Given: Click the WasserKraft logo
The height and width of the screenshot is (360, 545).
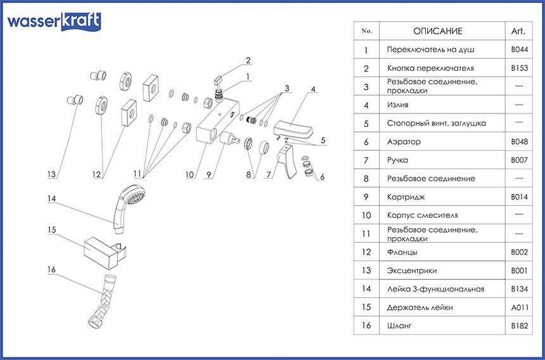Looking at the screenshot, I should pos(54,22).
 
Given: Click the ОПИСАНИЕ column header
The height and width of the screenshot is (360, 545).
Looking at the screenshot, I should pos(438,31).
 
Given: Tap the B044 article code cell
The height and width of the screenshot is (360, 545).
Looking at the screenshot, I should pos(519,49).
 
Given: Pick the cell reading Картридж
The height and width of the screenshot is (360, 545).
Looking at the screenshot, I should pos(405,197).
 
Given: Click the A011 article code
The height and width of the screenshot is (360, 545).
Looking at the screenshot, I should pos(519,307).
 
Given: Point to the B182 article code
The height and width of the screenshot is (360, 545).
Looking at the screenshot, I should pos(519,326).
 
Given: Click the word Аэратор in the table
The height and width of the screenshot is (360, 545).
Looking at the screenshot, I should pos(404,142).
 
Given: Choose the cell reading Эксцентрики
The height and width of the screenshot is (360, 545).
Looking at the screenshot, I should pos(412,271).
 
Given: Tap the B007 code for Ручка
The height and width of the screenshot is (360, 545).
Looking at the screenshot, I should pos(519,160).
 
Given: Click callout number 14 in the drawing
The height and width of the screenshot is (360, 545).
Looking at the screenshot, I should pos(52,199).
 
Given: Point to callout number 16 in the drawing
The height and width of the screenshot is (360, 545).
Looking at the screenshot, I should pos(52,270).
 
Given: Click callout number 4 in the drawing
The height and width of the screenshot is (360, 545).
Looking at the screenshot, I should pos(313,89).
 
